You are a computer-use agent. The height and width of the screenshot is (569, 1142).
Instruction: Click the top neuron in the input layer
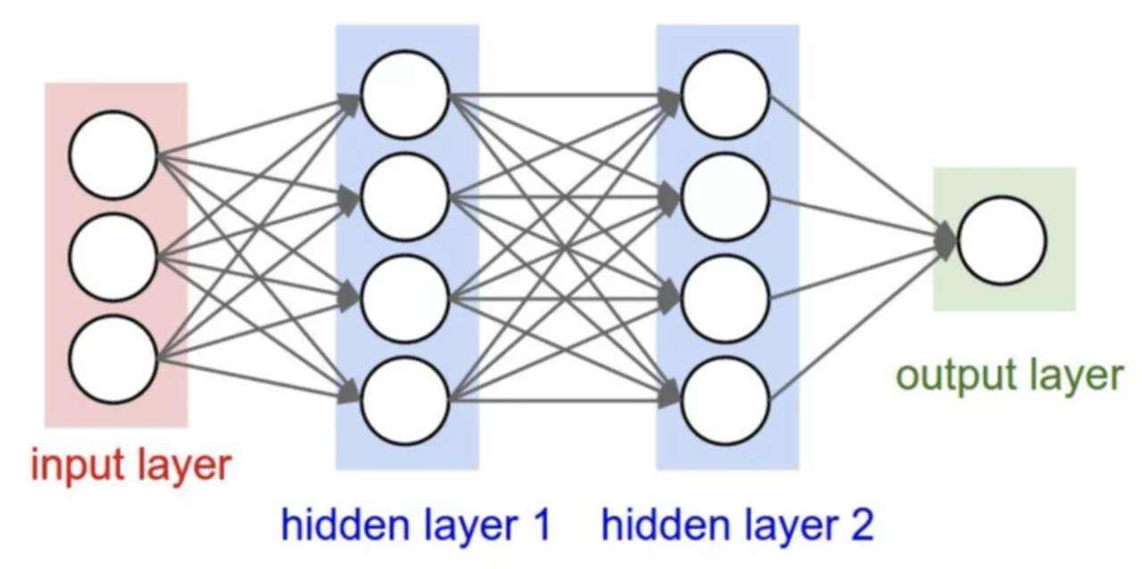pos(113,155)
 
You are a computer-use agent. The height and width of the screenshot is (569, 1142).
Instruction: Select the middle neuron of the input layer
pos(113,257)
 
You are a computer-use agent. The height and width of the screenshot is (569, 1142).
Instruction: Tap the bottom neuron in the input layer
pos(113,359)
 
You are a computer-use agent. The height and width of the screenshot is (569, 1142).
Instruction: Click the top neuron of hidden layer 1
pos(404,94)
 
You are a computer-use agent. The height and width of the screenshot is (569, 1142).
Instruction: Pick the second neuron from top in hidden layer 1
pos(404,197)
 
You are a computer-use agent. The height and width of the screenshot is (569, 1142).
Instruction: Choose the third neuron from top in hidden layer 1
pos(404,298)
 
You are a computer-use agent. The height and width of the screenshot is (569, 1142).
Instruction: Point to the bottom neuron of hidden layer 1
pos(404,400)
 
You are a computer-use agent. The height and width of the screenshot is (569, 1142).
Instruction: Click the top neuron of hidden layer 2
pos(725,94)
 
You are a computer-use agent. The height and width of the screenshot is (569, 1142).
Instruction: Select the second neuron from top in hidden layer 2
pos(725,197)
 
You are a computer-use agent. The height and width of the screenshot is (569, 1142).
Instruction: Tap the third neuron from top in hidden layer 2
pos(725,298)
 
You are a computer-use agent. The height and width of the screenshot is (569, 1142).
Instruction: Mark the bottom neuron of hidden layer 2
pos(725,400)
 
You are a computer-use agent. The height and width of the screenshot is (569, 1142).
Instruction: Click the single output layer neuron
pos(1001,240)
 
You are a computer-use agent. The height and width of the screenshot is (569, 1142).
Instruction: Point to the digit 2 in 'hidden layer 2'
pos(860,525)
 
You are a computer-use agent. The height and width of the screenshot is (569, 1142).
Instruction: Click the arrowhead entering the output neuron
pos(946,240)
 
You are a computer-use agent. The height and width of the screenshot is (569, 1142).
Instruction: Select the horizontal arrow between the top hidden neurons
pos(562,94)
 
